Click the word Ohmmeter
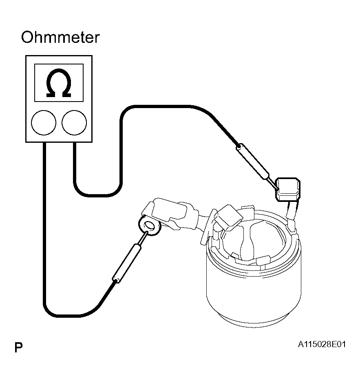(x=60, y=38)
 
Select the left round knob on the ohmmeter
(x=44, y=123)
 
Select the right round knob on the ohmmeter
(x=74, y=123)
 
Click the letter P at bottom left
(x=19, y=347)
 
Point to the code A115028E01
(x=322, y=344)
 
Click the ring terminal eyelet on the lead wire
(x=150, y=226)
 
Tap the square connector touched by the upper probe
(x=288, y=190)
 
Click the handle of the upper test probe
(x=253, y=162)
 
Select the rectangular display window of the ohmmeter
(x=59, y=83)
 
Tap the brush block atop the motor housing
(x=228, y=217)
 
